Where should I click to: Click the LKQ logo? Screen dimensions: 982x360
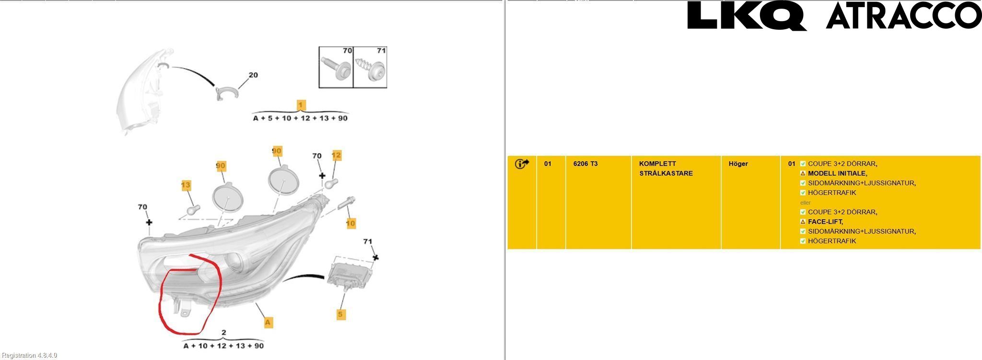[747, 16]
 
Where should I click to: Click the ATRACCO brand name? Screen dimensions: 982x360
[904, 16]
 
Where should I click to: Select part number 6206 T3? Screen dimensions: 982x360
[585, 164]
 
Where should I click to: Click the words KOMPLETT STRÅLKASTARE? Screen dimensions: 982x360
[666, 169]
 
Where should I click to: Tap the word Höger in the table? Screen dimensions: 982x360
[738, 164]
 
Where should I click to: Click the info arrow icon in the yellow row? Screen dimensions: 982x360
[522, 164]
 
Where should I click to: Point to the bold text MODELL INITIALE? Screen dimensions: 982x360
[837, 174]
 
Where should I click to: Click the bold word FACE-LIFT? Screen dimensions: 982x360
[825, 222]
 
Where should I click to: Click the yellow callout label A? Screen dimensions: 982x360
[269, 322]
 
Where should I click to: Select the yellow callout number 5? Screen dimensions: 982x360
[341, 314]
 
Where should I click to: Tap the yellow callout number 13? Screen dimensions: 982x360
[186, 185]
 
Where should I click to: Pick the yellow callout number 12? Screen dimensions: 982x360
[337, 155]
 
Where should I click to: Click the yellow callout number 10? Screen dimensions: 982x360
[351, 223]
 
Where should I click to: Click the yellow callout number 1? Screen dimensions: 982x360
[301, 105]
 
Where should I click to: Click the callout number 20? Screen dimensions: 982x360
[253, 75]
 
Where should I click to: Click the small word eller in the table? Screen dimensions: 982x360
[806, 203]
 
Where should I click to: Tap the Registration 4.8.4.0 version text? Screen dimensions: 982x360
[30, 355]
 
